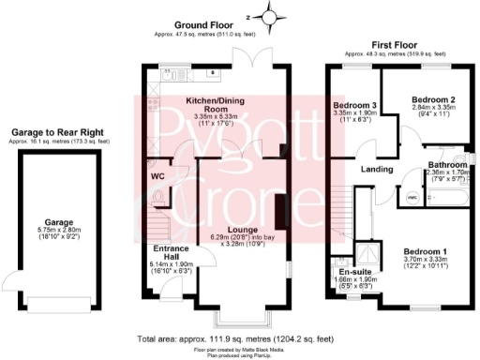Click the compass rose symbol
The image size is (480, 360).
(x=271, y=16)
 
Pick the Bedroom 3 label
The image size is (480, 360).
(x=354, y=106)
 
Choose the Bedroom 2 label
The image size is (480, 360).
(x=432, y=98)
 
